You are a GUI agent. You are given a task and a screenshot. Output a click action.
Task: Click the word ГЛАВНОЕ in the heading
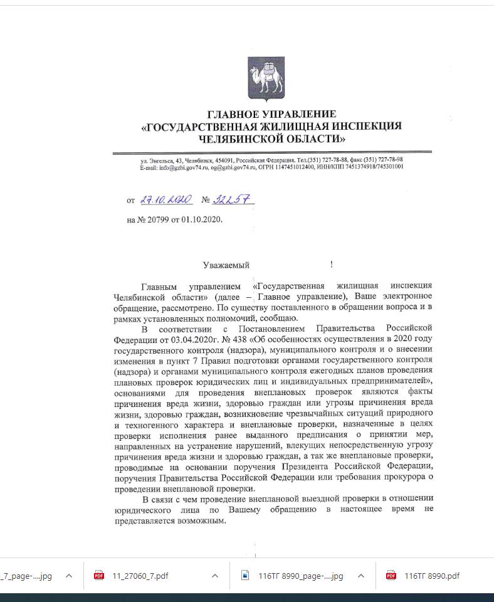click(x=233, y=114)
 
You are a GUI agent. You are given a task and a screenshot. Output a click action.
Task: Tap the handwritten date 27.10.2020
click(x=166, y=199)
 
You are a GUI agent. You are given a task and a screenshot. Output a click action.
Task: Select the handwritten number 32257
click(x=233, y=199)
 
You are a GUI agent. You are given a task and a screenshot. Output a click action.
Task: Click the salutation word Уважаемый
click(x=226, y=265)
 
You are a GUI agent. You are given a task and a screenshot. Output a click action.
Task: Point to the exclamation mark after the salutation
click(x=331, y=265)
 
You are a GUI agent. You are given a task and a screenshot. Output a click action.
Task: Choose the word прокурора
click(x=404, y=478)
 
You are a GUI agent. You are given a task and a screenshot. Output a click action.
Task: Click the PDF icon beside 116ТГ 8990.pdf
click(x=391, y=576)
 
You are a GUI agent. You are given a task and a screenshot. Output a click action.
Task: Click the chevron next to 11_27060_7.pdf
click(x=215, y=576)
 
